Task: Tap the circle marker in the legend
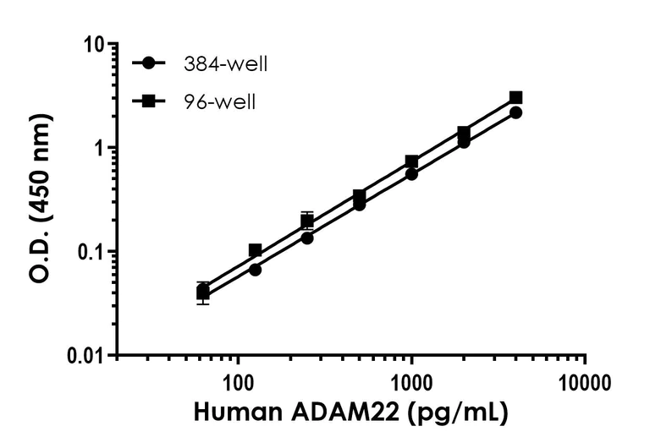coord(149,63)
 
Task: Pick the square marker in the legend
coord(149,102)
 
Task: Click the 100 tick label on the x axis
coord(239,380)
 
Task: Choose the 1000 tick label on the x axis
coord(412,380)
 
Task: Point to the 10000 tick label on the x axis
coord(585,380)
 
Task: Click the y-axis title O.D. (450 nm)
coord(41,199)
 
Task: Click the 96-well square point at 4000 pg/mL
coord(515,98)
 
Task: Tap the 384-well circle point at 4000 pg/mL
coord(515,112)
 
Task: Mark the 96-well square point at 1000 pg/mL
coord(411,161)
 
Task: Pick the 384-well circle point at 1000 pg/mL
coord(411,174)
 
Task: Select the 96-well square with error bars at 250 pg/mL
coord(307,221)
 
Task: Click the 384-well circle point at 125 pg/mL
coord(255,270)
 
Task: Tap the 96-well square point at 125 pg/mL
coord(255,250)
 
